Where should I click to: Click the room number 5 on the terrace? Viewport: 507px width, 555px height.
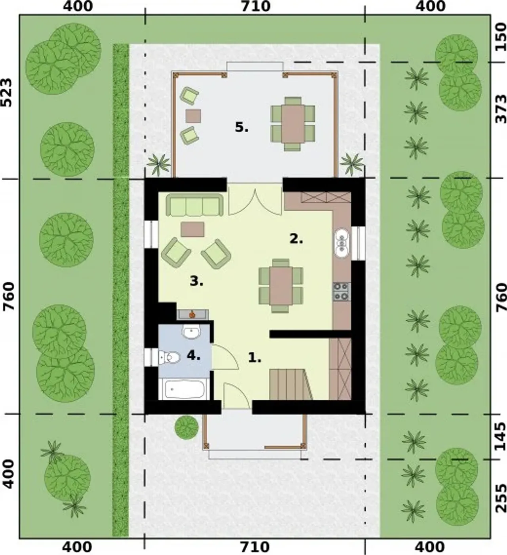[x=241, y=128]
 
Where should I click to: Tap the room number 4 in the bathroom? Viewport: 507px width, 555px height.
[x=193, y=355]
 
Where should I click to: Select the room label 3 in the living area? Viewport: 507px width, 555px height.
[x=196, y=281]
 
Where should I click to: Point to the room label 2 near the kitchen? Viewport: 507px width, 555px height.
[x=296, y=239]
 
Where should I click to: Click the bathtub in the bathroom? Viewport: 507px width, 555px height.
[x=183, y=389]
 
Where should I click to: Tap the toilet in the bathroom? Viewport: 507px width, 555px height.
[x=169, y=357]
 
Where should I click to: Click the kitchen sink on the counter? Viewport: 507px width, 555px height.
[x=342, y=243]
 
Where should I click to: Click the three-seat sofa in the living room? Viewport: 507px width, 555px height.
[x=194, y=205]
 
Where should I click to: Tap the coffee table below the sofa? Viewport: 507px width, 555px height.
[x=193, y=229]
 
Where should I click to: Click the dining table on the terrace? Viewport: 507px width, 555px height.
[x=293, y=123]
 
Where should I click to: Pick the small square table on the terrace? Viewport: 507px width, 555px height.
[x=193, y=116]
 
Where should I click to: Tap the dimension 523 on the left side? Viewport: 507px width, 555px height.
[x=7, y=93]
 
